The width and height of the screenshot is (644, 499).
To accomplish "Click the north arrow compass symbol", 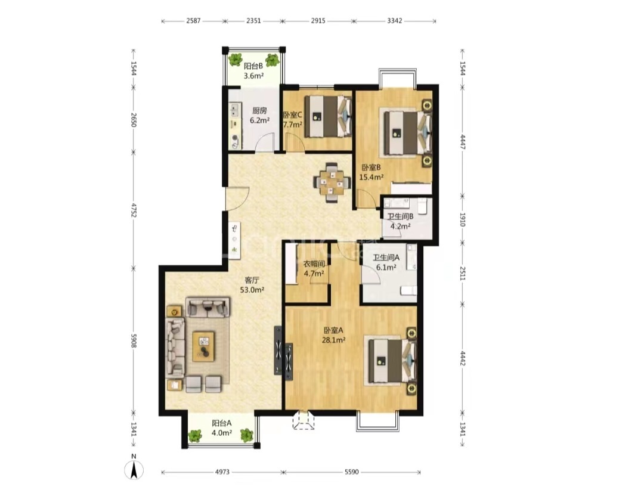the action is [x=134, y=467].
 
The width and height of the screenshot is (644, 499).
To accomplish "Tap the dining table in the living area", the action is [x=332, y=183].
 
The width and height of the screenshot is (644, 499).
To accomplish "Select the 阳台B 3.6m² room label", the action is [x=253, y=70].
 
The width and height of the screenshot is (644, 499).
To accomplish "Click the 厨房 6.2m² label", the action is [x=259, y=116].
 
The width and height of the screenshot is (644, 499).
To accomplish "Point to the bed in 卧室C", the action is [x=328, y=116].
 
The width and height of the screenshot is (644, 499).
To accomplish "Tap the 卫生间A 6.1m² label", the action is [x=386, y=262].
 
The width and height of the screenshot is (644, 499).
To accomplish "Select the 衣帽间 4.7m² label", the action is [x=314, y=269].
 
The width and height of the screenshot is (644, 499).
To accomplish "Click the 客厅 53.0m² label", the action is [x=252, y=285].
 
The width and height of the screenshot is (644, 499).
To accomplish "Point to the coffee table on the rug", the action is [x=204, y=346].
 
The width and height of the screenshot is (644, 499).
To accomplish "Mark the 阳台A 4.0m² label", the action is [x=222, y=427].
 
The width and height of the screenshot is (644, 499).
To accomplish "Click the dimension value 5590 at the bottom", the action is [x=352, y=472].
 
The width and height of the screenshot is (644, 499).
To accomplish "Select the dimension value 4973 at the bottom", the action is [x=222, y=472].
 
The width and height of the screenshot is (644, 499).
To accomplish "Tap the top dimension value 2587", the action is [x=193, y=20].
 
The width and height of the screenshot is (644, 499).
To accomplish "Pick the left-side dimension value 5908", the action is [x=134, y=340].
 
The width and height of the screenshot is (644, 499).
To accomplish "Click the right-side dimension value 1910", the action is [x=462, y=220].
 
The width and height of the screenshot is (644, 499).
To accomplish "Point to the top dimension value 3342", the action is [x=395, y=20].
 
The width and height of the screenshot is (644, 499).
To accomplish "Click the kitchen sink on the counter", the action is [x=236, y=110].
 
